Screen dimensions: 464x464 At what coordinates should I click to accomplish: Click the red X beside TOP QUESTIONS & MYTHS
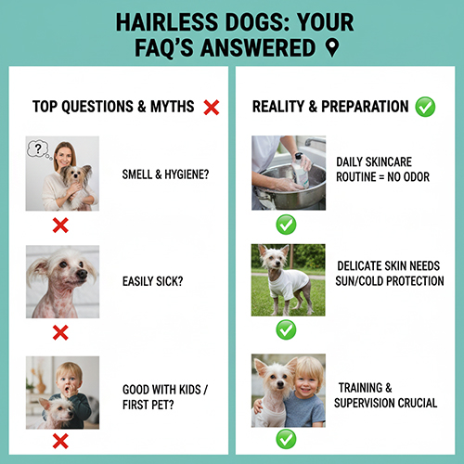pos(211,107)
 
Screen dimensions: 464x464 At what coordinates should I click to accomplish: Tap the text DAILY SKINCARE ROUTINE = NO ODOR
pos(382,168)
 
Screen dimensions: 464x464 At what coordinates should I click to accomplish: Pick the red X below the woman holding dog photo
pos(61,225)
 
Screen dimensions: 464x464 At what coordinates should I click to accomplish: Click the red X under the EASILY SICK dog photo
pos(61,332)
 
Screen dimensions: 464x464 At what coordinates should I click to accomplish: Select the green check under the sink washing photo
pos(287,224)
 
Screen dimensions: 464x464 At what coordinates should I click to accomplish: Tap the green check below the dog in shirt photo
pos(287,329)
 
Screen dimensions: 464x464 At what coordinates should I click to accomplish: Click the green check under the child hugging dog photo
pos(287,439)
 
